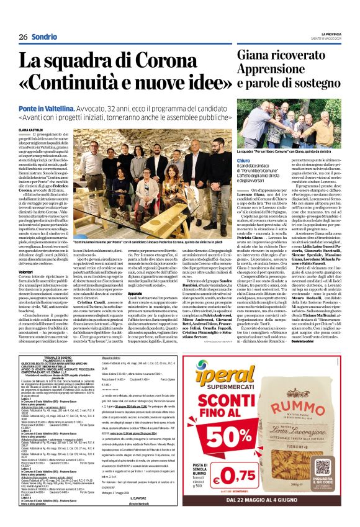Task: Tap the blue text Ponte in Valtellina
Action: [x=58, y=107]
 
